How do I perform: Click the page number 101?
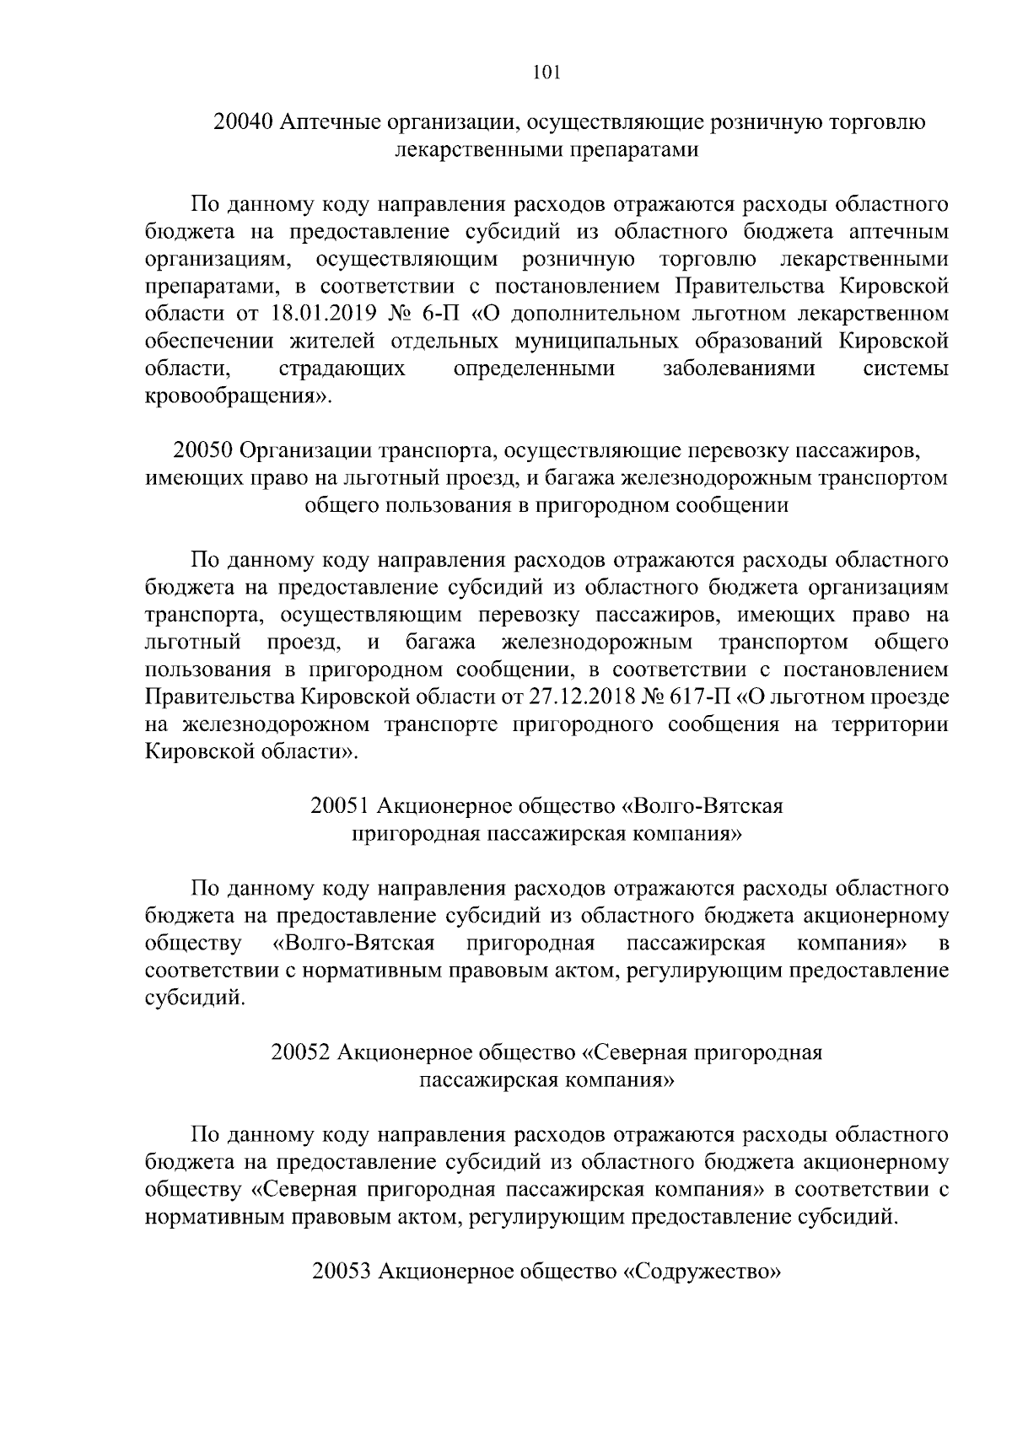point(547,73)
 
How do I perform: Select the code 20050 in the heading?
point(203,450)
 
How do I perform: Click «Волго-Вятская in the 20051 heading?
point(702,806)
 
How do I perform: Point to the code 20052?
point(301,1052)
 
